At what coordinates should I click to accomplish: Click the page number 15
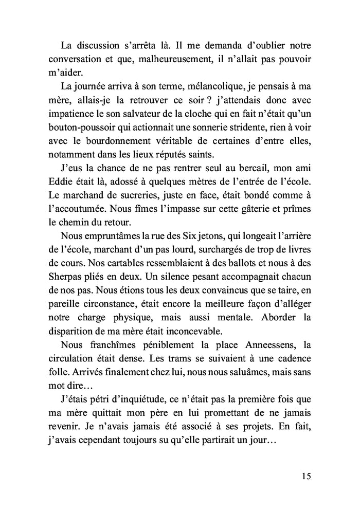pyautogui.click(x=304, y=475)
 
